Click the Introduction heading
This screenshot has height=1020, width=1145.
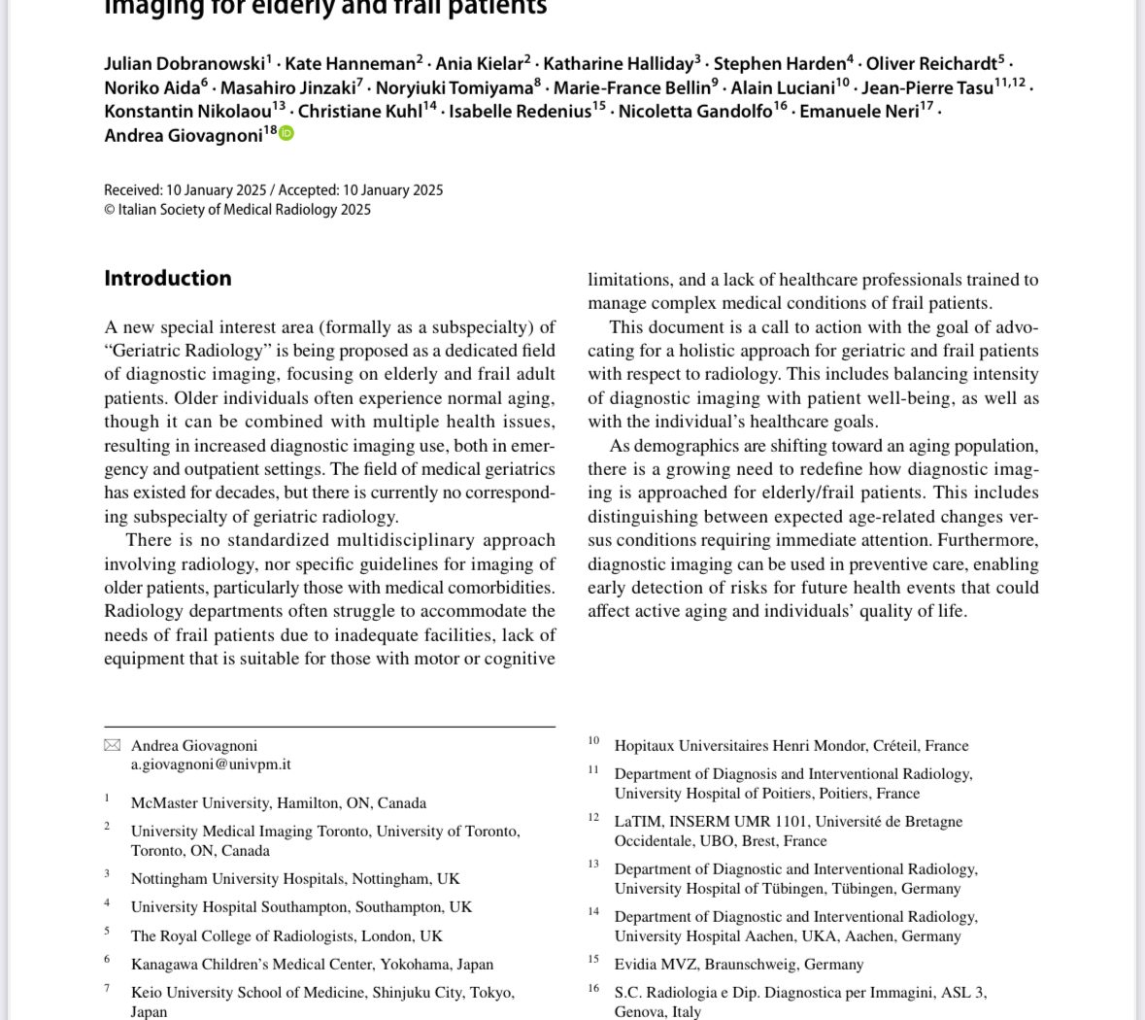(167, 279)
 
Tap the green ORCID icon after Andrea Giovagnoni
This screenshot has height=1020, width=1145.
(286, 134)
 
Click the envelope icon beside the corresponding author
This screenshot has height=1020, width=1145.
(113, 746)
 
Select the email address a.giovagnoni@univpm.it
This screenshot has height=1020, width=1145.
(211, 765)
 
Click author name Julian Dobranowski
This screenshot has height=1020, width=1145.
(184, 64)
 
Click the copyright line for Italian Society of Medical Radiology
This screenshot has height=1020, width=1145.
(237, 210)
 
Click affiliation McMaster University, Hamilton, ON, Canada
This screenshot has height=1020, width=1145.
(278, 803)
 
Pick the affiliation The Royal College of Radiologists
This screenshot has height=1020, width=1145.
(286, 936)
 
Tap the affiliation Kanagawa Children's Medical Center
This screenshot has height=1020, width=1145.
(312, 965)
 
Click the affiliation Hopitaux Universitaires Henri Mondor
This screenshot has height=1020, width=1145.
(791, 746)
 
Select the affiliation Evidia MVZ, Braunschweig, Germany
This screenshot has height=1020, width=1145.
(738, 965)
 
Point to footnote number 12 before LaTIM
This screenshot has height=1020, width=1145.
(593, 817)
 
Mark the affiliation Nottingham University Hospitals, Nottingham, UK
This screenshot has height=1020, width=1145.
(295, 879)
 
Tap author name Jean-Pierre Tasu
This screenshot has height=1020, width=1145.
(926, 88)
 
